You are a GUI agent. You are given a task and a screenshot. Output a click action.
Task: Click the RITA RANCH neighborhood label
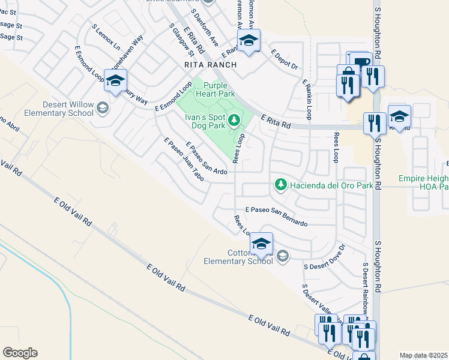point(211,64)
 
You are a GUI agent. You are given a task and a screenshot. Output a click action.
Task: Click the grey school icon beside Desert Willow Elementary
point(103,108)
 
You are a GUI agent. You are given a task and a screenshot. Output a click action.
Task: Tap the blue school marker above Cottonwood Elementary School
point(261,243)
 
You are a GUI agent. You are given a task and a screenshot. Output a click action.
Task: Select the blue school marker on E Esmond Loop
point(115,81)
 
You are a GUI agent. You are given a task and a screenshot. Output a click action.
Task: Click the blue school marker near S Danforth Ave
point(249,40)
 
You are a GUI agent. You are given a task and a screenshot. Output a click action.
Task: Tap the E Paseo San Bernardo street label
point(276,216)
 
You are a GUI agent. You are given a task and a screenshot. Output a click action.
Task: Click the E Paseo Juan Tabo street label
point(184,159)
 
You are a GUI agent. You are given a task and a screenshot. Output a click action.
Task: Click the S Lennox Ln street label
point(106,37)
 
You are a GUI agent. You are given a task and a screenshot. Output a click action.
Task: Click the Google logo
point(20,353)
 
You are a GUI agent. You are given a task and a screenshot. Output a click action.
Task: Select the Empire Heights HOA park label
point(423,182)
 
